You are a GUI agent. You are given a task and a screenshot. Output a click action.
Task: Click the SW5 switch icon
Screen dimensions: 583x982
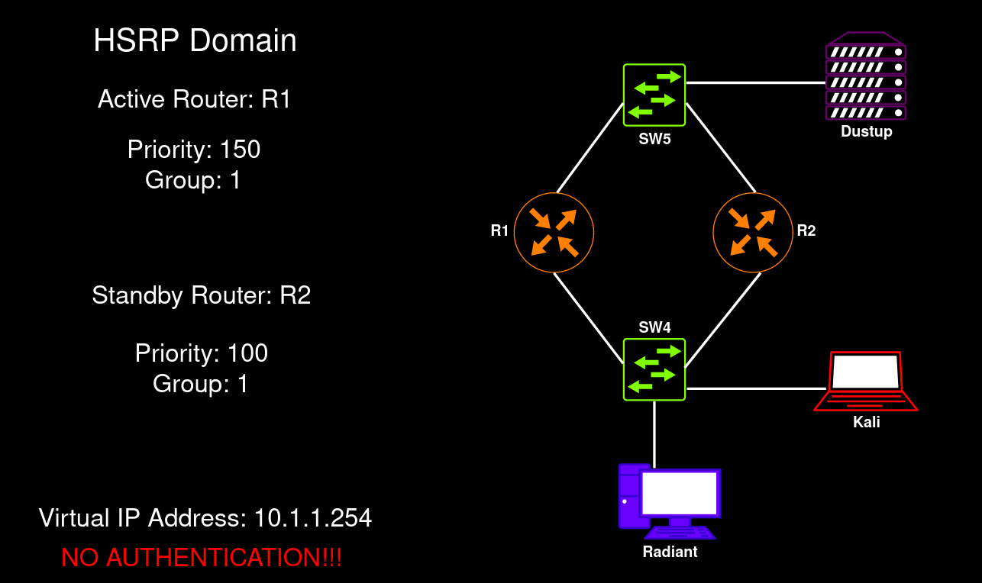(x=654, y=95)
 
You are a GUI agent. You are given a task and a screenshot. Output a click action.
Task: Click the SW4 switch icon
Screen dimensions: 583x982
(x=654, y=369)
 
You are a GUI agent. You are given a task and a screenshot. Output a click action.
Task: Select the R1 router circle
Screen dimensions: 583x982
(x=554, y=232)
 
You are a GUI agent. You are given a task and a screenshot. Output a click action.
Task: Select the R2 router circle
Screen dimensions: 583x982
(x=752, y=232)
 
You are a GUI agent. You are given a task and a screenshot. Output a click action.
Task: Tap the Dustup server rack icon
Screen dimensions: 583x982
(x=866, y=76)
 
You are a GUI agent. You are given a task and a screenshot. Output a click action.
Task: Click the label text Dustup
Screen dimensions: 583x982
(x=866, y=132)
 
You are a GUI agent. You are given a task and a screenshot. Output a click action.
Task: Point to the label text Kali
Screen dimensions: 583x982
(x=866, y=421)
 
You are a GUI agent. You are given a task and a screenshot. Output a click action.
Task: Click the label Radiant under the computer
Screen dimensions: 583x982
(x=670, y=552)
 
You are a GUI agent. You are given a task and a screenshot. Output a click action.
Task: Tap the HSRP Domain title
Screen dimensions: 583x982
(x=195, y=40)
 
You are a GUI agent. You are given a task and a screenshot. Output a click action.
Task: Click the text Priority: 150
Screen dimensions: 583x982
(x=194, y=150)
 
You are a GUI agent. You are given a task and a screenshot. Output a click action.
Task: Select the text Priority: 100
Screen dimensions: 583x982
(x=201, y=353)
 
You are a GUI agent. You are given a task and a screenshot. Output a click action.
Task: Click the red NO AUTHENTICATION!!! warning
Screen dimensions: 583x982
(x=202, y=558)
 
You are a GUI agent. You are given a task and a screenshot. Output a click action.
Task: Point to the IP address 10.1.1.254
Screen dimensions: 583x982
(x=313, y=519)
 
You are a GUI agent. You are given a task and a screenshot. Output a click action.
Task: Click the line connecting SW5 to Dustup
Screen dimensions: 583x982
(x=756, y=82)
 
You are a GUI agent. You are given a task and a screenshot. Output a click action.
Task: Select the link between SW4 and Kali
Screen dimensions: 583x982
(x=752, y=388)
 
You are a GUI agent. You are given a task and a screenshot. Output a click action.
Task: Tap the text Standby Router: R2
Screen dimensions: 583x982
(x=201, y=295)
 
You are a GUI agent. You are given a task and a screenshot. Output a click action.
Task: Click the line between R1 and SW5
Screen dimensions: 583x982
(x=590, y=149)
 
